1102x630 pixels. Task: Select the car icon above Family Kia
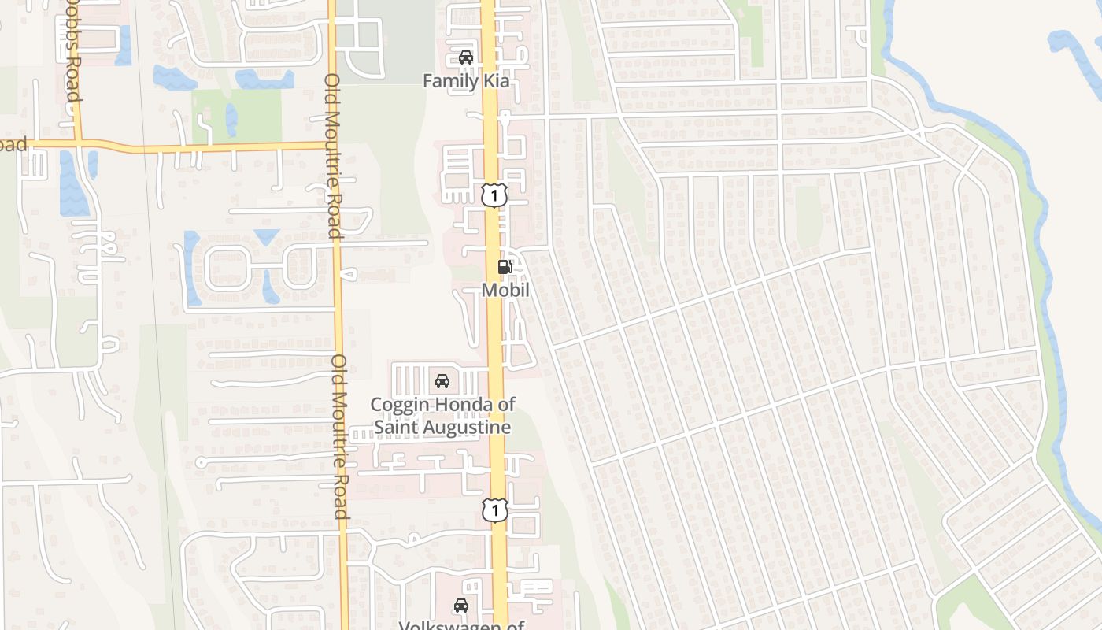tap(465, 57)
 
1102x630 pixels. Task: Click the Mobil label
tap(505, 291)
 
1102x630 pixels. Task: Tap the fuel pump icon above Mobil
tap(505, 267)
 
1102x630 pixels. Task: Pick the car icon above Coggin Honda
tap(442, 381)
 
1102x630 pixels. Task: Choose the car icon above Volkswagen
tap(461, 606)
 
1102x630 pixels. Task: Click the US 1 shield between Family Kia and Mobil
tap(494, 195)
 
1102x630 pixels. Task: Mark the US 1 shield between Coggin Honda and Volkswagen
tap(494, 510)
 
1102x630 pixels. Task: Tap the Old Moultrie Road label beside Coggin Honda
tap(340, 437)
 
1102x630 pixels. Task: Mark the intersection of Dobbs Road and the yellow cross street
tap(79, 143)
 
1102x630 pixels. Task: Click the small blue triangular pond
tap(267, 235)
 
